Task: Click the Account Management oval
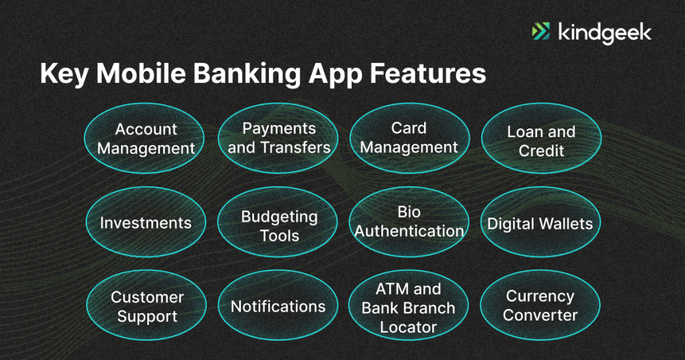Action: (x=146, y=138)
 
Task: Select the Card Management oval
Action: (x=409, y=138)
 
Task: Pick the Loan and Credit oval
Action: (x=541, y=141)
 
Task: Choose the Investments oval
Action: (x=146, y=223)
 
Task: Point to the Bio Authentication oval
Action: (x=409, y=221)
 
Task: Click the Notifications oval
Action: (x=278, y=306)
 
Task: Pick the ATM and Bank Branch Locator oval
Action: (x=409, y=308)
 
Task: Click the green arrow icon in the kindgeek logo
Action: (x=541, y=31)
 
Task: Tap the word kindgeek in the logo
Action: (x=602, y=32)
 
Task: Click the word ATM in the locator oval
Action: (x=391, y=289)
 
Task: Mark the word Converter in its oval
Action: (x=541, y=314)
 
